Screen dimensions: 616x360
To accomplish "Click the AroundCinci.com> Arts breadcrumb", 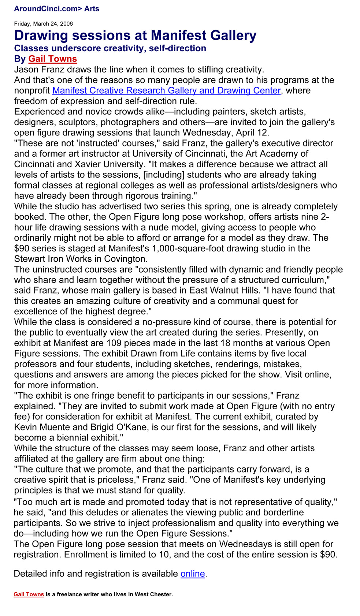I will coord(56,9).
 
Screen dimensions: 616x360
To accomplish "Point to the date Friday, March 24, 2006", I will coord(43,24).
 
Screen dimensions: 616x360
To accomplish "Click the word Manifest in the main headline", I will coord(176,36).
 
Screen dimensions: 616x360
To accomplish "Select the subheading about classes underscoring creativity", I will coord(110,48).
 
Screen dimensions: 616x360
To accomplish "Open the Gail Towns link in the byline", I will coord(52,59).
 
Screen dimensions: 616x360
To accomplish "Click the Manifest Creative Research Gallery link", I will coord(166,90).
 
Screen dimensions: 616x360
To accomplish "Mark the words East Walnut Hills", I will coord(224,291).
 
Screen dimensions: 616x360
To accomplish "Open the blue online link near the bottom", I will coord(193,574).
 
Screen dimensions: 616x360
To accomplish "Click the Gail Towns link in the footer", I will coord(29,594).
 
